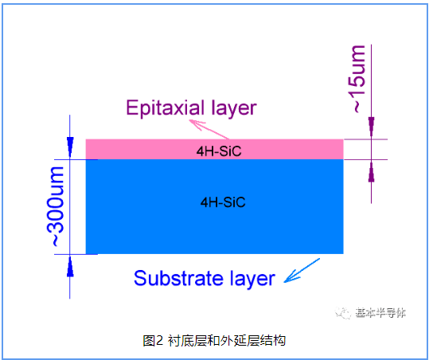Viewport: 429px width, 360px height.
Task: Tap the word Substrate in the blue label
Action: [178, 279]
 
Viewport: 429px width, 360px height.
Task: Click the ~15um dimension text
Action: [359, 79]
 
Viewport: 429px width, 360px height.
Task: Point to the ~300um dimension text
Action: [56, 206]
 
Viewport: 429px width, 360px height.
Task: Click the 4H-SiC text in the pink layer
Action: [219, 151]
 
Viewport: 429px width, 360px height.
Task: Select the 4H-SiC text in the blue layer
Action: [223, 202]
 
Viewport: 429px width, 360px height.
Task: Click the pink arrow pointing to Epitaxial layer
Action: [209, 129]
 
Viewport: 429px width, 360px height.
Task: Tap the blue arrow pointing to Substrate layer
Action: [302, 270]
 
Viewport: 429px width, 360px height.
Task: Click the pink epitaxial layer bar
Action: [215, 150]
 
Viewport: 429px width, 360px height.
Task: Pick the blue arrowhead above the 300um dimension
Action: [70, 147]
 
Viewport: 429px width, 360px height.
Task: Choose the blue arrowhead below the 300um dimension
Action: [70, 267]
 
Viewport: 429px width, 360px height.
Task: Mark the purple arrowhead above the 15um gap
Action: [371, 127]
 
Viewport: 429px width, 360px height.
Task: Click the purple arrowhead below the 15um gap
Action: [371, 171]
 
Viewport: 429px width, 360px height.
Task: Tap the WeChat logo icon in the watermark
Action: [343, 313]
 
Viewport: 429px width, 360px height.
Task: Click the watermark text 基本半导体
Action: [380, 313]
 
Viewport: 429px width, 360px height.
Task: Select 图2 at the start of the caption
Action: [153, 341]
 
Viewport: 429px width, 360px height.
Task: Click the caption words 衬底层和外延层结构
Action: [227, 341]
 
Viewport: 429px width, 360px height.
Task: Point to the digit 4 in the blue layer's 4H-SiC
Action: [205, 202]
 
